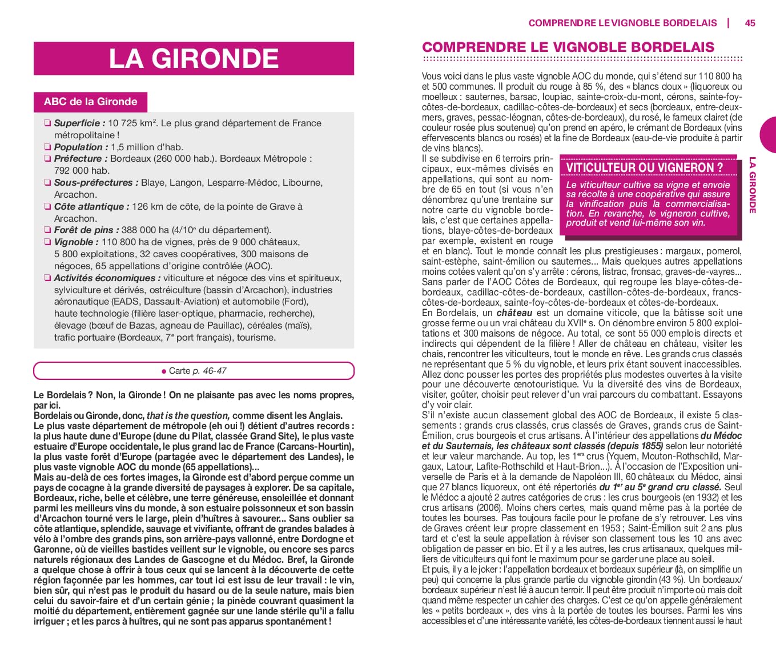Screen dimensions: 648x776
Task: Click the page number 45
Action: coord(750,23)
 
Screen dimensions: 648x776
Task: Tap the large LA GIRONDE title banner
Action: coord(194,58)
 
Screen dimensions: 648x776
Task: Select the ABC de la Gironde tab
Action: coord(90,102)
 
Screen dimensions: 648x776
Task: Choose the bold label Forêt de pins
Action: coord(86,230)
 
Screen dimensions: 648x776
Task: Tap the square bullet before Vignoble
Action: coord(47,242)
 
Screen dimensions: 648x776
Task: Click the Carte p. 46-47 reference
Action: coord(194,370)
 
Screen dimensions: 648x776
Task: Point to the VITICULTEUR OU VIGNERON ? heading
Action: coord(644,167)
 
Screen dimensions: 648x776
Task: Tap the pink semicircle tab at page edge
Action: coord(769,135)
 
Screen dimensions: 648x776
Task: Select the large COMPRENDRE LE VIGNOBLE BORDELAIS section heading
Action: coord(568,47)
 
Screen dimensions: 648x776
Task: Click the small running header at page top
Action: coord(622,23)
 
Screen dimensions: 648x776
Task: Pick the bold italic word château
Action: coord(514,313)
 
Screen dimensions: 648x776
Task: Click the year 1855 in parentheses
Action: coord(652,446)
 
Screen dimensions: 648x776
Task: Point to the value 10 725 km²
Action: coord(132,123)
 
